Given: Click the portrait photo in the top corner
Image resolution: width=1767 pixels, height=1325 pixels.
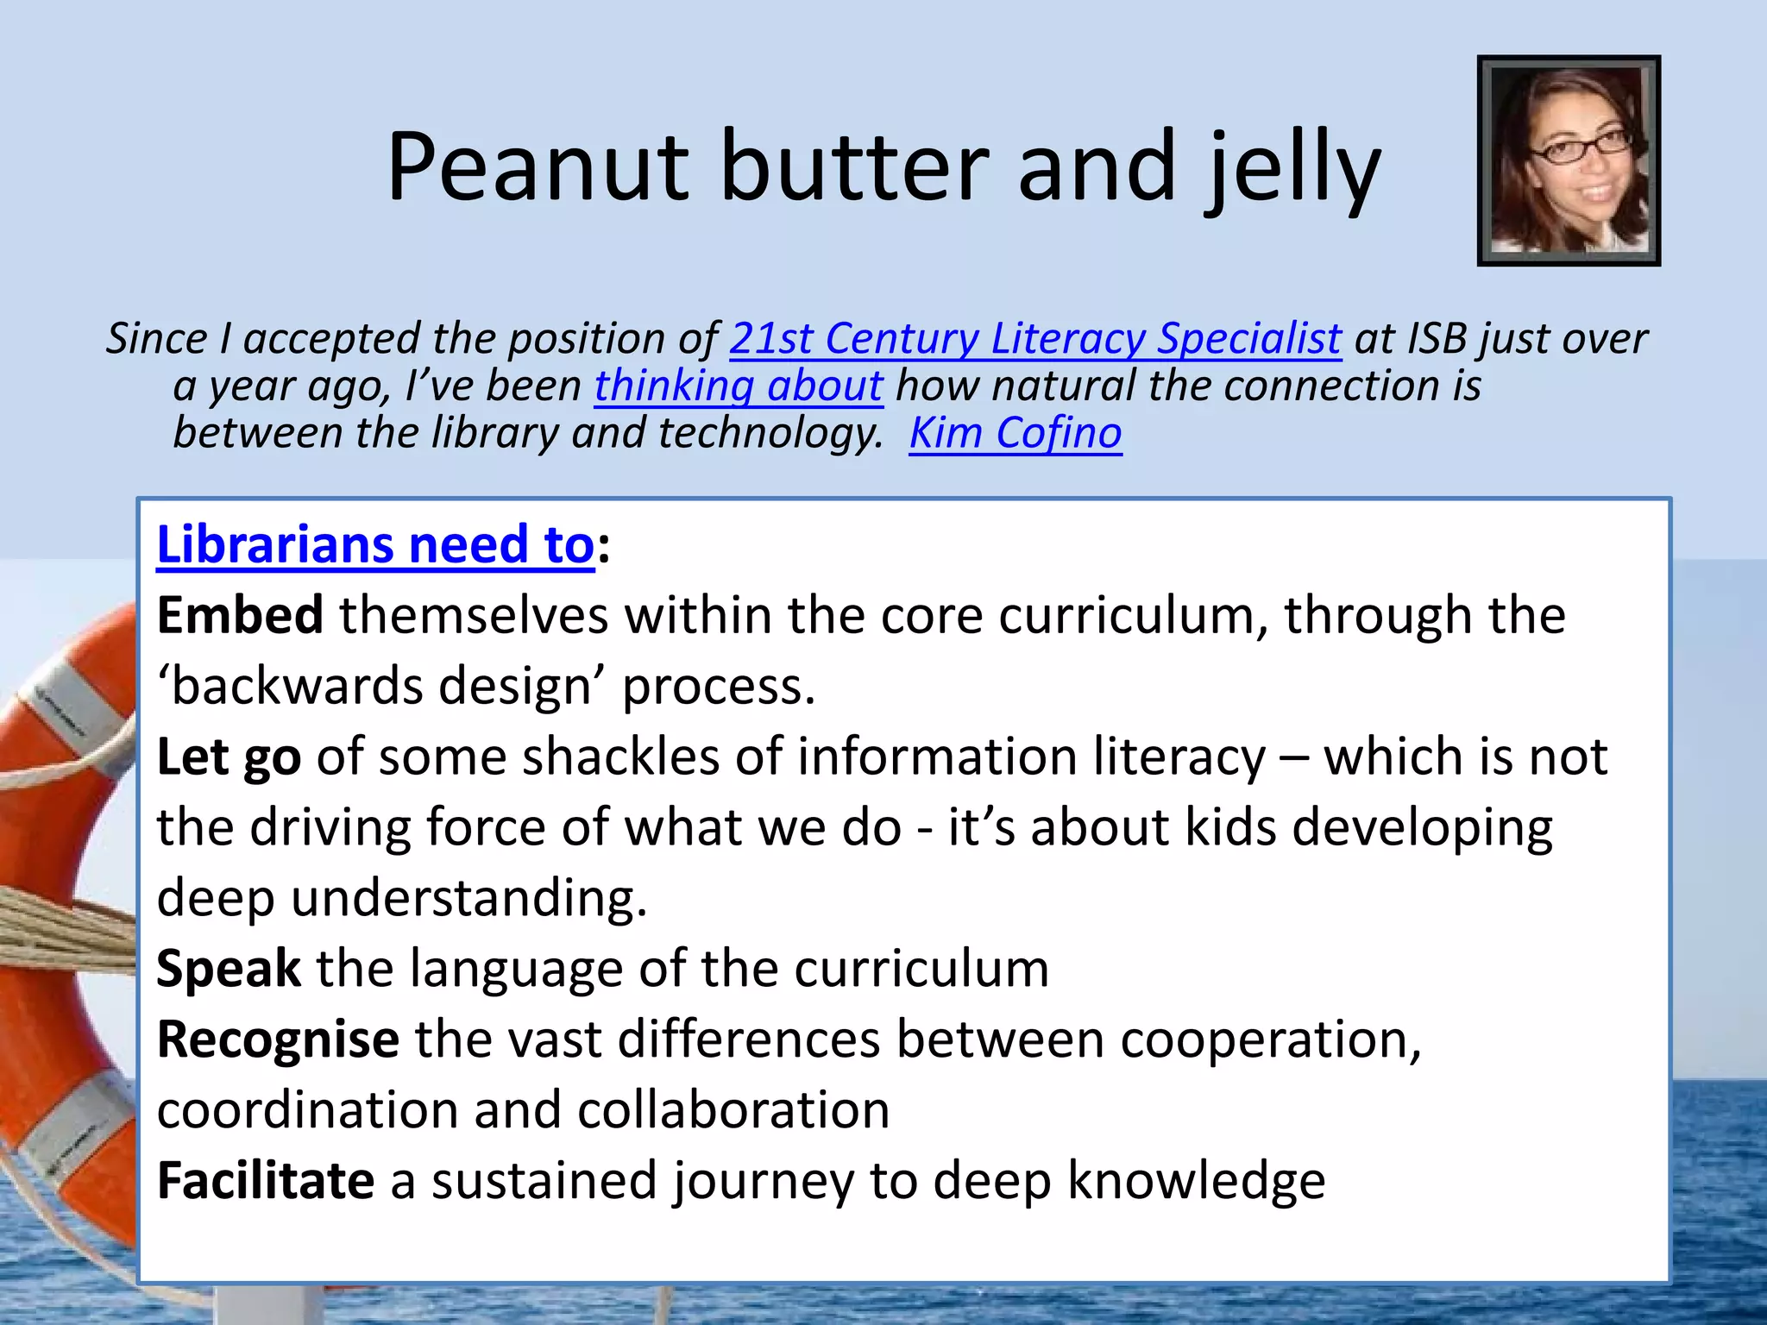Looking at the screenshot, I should click(x=1569, y=160).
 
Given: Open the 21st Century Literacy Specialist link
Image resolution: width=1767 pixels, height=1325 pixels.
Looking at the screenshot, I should click(x=1035, y=338).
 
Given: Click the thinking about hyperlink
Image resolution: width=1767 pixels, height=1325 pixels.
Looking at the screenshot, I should click(x=739, y=386).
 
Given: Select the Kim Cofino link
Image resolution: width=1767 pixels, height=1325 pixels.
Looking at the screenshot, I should click(x=1016, y=432).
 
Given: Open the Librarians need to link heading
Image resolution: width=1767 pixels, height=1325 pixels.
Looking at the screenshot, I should click(x=375, y=545).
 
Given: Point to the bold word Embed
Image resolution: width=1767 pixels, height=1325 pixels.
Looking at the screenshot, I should click(x=240, y=616).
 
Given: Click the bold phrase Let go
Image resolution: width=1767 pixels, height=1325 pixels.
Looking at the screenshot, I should click(x=229, y=757).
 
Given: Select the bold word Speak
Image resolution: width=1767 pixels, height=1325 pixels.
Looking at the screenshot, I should click(x=229, y=969).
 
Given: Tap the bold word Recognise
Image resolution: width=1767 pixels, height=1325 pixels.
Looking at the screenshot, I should click(x=278, y=1039).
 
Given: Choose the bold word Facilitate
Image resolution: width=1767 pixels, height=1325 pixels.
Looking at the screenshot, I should click(x=266, y=1180).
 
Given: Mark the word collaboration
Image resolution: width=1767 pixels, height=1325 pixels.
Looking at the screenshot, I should click(x=733, y=1109).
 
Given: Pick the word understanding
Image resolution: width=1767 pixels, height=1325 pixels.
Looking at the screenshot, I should click(x=468, y=898).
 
